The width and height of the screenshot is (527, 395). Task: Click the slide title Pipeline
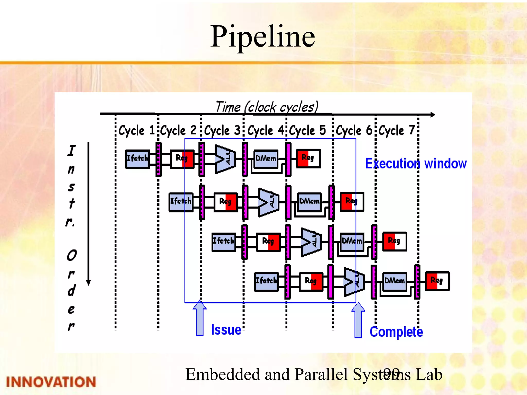click(262, 37)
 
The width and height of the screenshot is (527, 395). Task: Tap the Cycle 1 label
click(136, 130)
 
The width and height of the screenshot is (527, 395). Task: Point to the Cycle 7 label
click(397, 130)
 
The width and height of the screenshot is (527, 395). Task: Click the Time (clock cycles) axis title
click(267, 107)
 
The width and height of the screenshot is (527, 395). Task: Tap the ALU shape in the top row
click(225, 159)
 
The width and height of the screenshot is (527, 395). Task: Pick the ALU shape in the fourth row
click(354, 282)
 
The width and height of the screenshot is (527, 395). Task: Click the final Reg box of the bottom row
click(437, 281)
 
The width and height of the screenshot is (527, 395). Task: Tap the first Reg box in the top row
click(182, 159)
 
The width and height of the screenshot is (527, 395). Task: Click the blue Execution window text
click(416, 164)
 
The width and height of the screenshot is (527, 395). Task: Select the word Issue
click(226, 330)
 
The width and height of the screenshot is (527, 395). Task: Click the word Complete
click(396, 332)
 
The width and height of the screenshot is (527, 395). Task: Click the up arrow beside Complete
click(358, 320)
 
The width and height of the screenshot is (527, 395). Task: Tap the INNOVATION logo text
click(51, 382)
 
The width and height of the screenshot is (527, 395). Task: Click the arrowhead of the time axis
click(433, 115)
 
